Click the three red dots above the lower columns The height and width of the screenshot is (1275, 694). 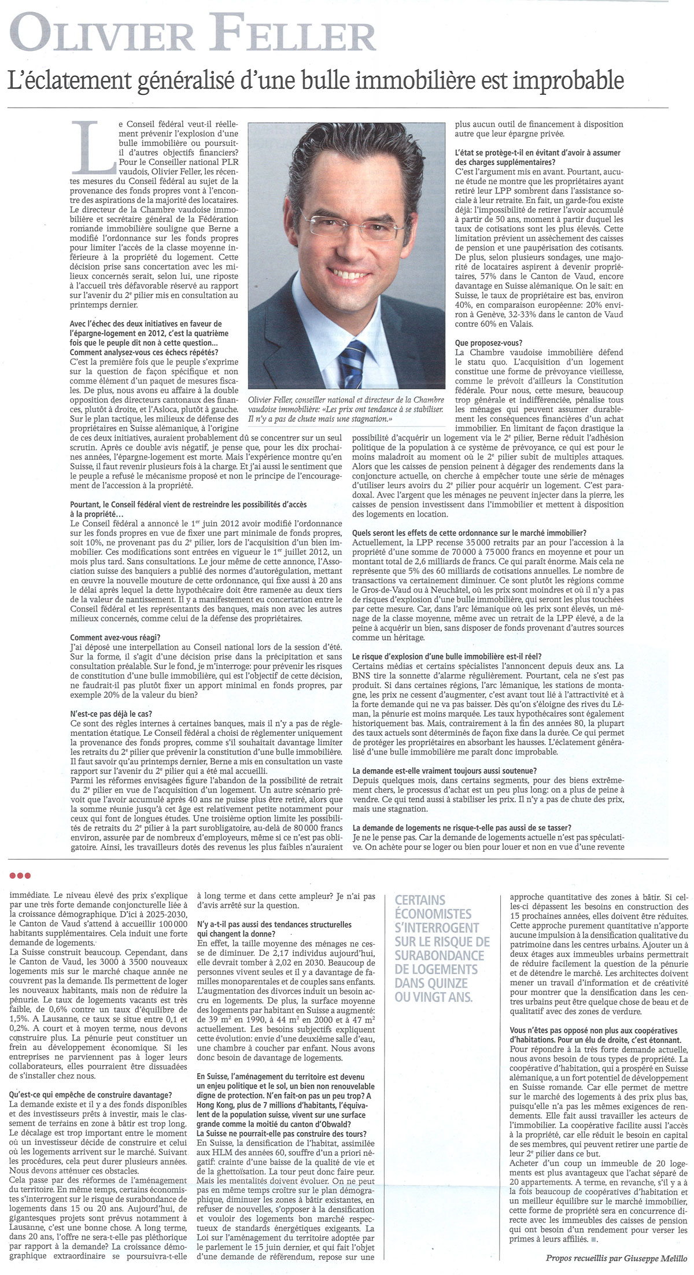(x=21, y=875)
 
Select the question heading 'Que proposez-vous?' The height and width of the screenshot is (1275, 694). (x=489, y=342)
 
